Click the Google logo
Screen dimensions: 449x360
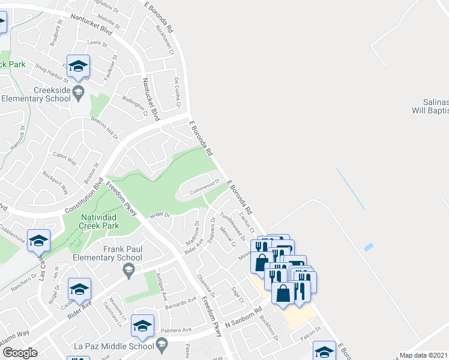20,352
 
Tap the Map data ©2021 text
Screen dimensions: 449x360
424,355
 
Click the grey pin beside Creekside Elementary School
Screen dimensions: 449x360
78,92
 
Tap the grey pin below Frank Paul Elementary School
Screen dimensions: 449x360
128,272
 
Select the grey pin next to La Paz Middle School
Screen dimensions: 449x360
161,343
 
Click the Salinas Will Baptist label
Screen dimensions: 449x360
429,106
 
